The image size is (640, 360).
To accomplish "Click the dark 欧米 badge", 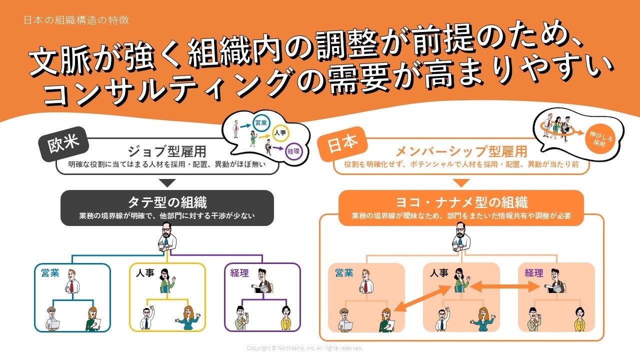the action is pos(63,143).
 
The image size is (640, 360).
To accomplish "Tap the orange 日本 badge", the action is pos(343,143).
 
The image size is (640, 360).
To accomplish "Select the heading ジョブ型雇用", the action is pos(167,151).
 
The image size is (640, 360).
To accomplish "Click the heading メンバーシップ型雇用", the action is pos(461,151).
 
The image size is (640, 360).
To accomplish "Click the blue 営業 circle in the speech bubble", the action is pos(261,123).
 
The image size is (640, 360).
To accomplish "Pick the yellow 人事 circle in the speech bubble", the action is pos(280,133).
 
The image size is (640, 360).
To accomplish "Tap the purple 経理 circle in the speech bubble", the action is pos(293,151).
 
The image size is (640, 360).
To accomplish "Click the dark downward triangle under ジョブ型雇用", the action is pos(167,183).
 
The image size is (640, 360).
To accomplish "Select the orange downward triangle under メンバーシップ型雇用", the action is pos(461,183).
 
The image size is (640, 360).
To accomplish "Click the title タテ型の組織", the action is pos(167,202).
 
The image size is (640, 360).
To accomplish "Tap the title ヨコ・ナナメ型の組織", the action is pos(461,202).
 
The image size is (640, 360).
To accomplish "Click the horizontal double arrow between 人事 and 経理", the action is pos(504,286).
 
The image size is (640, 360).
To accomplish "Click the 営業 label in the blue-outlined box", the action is pos(50,273).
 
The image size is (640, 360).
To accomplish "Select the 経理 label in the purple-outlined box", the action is pos(239,273).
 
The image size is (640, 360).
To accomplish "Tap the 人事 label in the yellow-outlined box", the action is pos(145,273).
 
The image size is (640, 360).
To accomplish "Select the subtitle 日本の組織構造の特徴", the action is pos(76,20).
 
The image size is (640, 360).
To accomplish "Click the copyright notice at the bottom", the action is pos(304,348).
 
